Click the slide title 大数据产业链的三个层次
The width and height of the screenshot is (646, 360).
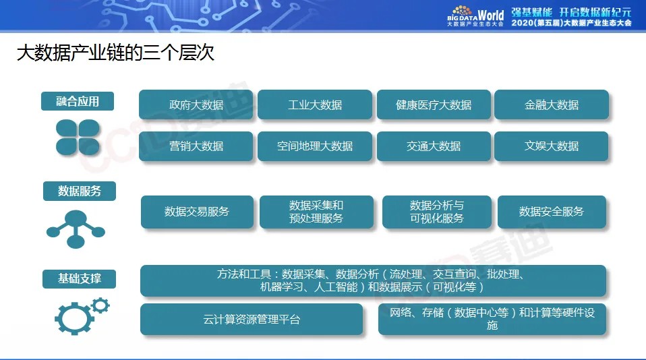coord(115,54)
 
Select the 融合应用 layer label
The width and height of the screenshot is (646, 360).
coord(78,102)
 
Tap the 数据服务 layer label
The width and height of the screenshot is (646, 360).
coord(80,191)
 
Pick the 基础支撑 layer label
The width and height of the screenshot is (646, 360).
coord(80,278)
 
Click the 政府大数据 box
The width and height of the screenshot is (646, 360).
coord(196,105)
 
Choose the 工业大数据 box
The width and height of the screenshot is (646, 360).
coord(315,105)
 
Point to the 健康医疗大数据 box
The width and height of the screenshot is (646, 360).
coord(434,105)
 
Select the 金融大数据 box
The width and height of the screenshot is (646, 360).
coord(552,105)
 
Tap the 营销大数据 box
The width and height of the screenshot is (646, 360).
coord(196,146)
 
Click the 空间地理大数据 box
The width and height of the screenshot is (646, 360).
coord(315,146)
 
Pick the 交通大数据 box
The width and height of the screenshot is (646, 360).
coord(434,146)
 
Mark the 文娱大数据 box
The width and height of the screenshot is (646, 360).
coord(552,146)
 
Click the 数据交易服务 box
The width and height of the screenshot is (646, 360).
coord(197,212)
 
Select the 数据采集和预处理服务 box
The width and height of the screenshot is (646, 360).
coord(316,212)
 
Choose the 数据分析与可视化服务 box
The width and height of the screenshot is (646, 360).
coord(437,212)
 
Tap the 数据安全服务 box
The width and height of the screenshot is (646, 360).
coord(552,212)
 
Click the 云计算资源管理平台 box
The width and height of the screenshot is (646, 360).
coord(252,320)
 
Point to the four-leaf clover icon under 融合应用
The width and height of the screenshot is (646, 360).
coord(78,137)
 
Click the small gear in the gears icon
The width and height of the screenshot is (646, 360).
coord(100,306)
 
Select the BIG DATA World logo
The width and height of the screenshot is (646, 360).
coord(475,16)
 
